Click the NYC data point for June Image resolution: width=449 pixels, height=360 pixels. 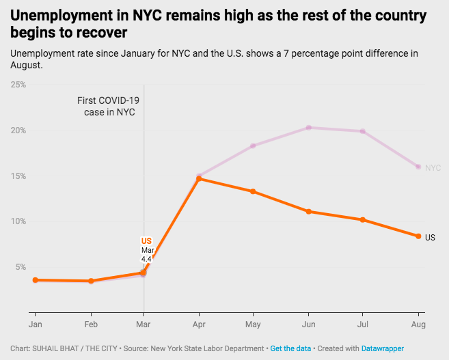(308, 128)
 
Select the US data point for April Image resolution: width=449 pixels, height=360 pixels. (198, 179)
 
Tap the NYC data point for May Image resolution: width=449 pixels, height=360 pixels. (253, 146)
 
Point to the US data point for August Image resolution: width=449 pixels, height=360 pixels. (418, 236)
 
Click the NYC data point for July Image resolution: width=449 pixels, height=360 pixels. (363, 131)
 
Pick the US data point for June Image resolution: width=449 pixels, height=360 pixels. (308, 212)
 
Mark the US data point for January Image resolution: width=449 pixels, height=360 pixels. (34, 280)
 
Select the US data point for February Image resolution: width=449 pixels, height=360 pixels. (89, 281)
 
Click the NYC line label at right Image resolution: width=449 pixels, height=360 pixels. (433, 167)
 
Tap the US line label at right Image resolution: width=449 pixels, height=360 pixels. (430, 238)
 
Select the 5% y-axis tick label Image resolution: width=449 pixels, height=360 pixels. (21, 267)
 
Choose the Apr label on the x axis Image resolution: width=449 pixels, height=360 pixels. (198, 324)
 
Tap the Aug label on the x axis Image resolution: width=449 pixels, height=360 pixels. (418, 324)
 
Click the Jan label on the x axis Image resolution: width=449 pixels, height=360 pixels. (34, 324)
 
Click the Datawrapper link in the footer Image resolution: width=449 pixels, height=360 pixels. (383, 348)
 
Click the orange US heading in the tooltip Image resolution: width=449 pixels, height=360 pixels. (146, 241)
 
